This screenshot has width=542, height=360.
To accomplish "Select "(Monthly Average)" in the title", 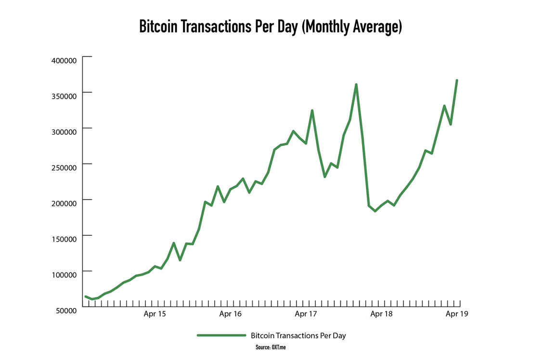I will (x=351, y=27).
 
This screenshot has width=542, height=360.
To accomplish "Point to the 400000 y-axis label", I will (x=64, y=61).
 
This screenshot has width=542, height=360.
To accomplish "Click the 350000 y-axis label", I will (x=64, y=96).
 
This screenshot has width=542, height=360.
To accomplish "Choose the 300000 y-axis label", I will (x=64, y=132).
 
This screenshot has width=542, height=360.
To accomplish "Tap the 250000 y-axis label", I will (x=64, y=167).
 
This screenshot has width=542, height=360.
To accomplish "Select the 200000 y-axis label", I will (x=64, y=203).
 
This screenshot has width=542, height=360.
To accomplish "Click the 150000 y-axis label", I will (x=64, y=239).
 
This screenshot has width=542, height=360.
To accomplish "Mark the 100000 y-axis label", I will (x=64, y=275).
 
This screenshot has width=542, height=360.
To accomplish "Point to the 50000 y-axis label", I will (x=66, y=310).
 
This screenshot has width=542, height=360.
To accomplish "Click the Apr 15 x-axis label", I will (x=155, y=314).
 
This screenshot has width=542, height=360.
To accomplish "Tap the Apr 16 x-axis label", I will (x=230, y=314).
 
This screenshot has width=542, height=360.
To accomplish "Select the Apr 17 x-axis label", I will (x=306, y=314).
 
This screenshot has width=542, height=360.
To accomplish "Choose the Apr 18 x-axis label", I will (x=382, y=314).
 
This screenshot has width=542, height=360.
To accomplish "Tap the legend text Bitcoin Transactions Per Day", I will (x=298, y=335).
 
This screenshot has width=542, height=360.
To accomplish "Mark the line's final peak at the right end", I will (x=456, y=80).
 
